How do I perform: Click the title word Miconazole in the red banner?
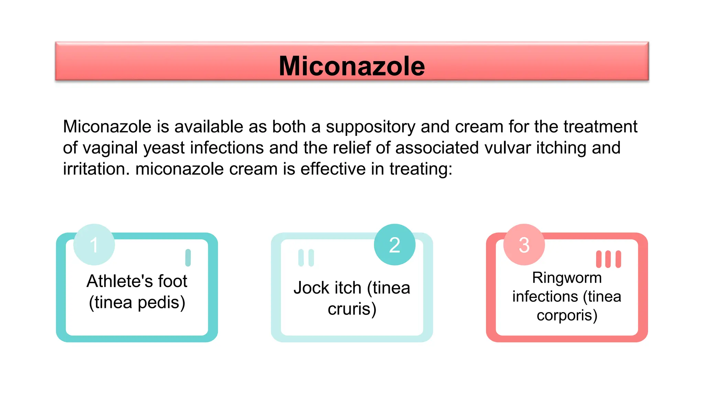tap(352, 66)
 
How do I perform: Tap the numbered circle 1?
tap(94, 245)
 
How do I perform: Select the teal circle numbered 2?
tap(395, 245)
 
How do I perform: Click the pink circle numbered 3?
tap(524, 245)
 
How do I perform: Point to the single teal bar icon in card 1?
tap(188, 258)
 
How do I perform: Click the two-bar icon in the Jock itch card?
tap(306, 258)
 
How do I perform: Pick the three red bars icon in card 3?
tap(608, 259)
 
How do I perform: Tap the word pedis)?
tap(161, 303)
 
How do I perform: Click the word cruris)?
tap(352, 309)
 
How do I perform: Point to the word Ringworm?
tap(567, 278)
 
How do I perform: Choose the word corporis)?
tap(567, 316)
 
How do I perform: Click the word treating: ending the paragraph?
tap(421, 169)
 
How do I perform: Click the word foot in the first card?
tap(173, 281)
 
